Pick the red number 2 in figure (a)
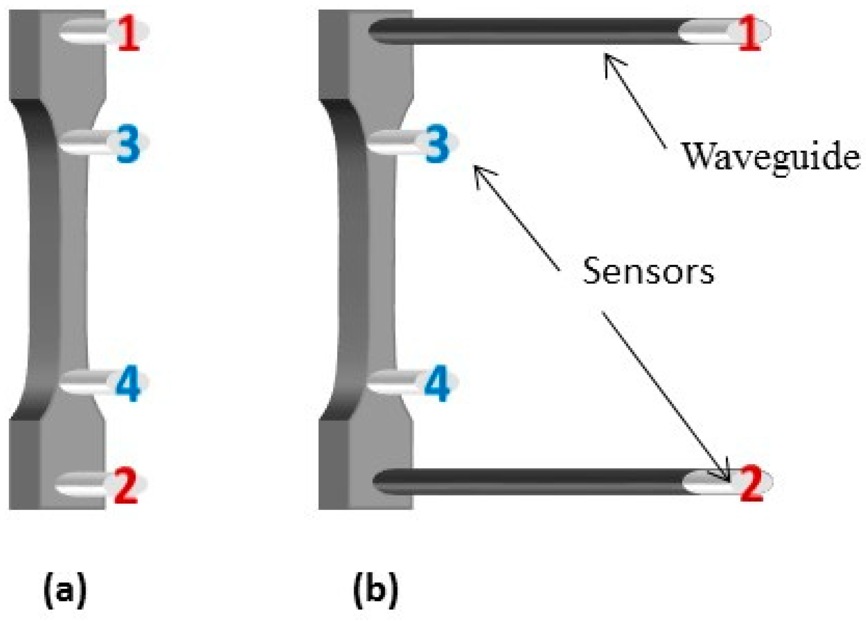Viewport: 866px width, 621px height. (x=126, y=485)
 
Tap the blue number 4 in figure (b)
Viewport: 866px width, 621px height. (x=436, y=383)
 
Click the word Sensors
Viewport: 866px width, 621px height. (x=648, y=271)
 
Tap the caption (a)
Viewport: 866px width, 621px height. (x=65, y=589)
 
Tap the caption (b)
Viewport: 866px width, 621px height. (x=375, y=589)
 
